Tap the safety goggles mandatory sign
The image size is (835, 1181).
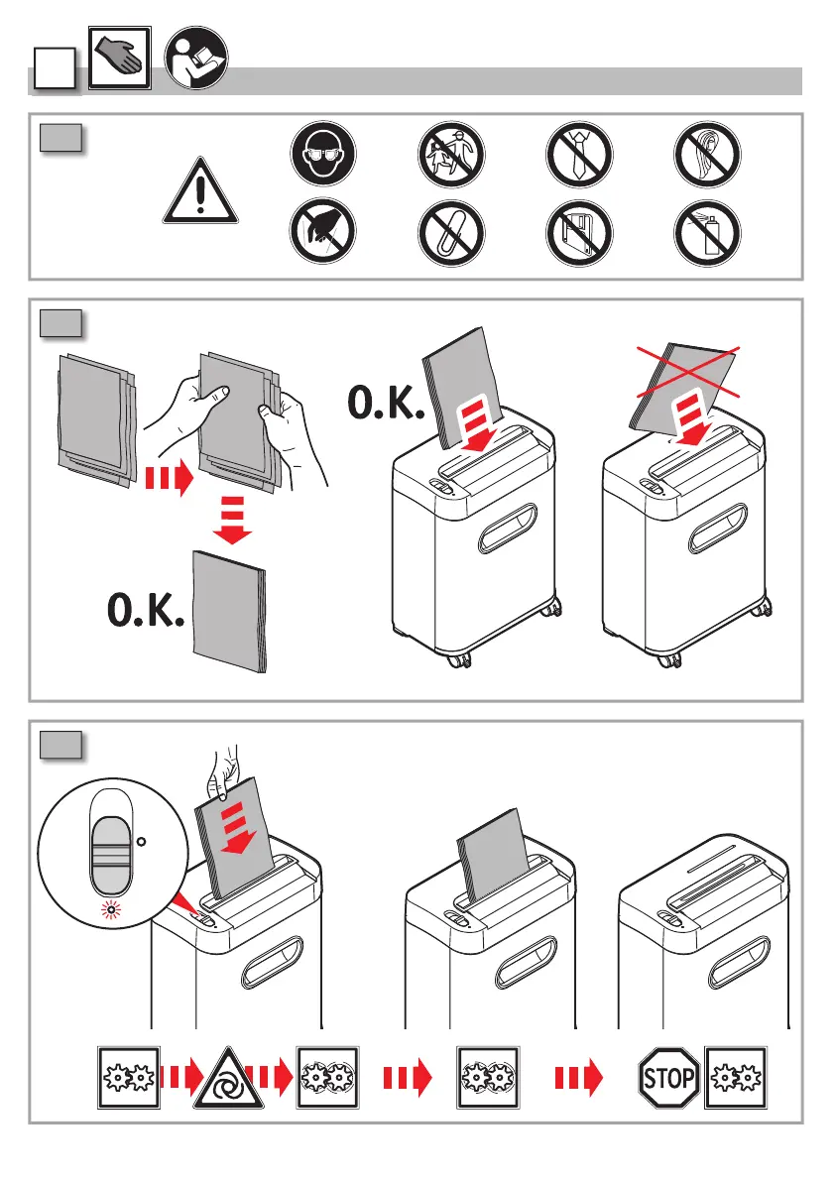click(x=318, y=159)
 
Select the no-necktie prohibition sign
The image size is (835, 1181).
click(x=576, y=159)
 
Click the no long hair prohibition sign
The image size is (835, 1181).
click(x=705, y=159)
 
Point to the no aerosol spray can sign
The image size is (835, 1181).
click(x=705, y=234)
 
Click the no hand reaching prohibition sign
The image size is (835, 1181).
click(x=318, y=234)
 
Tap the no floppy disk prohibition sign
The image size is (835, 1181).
click(x=576, y=234)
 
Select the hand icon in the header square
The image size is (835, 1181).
click(x=118, y=59)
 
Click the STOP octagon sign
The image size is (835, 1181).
click(x=668, y=1076)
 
